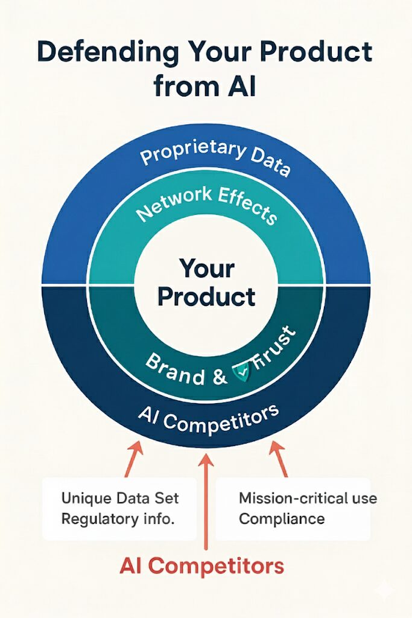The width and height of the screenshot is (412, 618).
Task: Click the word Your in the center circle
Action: (x=207, y=269)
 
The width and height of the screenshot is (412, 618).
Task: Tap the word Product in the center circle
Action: (x=207, y=297)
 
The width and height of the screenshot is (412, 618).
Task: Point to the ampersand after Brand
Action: (x=220, y=376)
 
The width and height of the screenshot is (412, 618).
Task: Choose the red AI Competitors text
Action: (x=201, y=566)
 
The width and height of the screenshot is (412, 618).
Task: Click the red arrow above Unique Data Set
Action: (x=133, y=459)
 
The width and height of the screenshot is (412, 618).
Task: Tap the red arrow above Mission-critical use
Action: (x=278, y=459)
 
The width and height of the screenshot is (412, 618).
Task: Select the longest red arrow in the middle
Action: (x=206, y=502)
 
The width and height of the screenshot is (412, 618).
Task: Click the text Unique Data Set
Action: (x=120, y=498)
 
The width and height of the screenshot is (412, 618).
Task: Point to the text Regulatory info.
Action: (x=118, y=518)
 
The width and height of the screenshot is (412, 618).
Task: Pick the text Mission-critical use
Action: (x=308, y=498)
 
